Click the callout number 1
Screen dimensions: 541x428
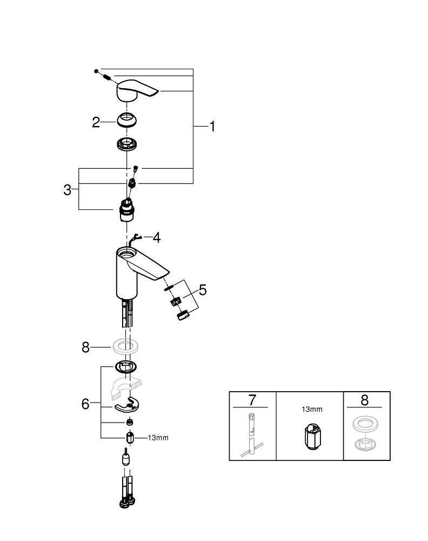tap(212, 127)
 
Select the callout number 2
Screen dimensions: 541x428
tap(96, 122)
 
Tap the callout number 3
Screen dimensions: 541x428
tap(68, 190)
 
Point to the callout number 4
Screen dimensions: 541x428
tap(156, 237)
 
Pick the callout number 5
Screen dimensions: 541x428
tap(203, 290)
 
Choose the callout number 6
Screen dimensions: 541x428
tap(85, 404)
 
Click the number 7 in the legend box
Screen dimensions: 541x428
tap(252, 400)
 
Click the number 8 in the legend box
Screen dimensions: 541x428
tap(364, 400)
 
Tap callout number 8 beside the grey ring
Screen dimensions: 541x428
tap(85, 347)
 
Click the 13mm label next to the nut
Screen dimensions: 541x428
tap(157, 438)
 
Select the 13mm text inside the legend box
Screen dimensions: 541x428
tap(310, 410)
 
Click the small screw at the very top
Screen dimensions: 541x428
tap(96, 71)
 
